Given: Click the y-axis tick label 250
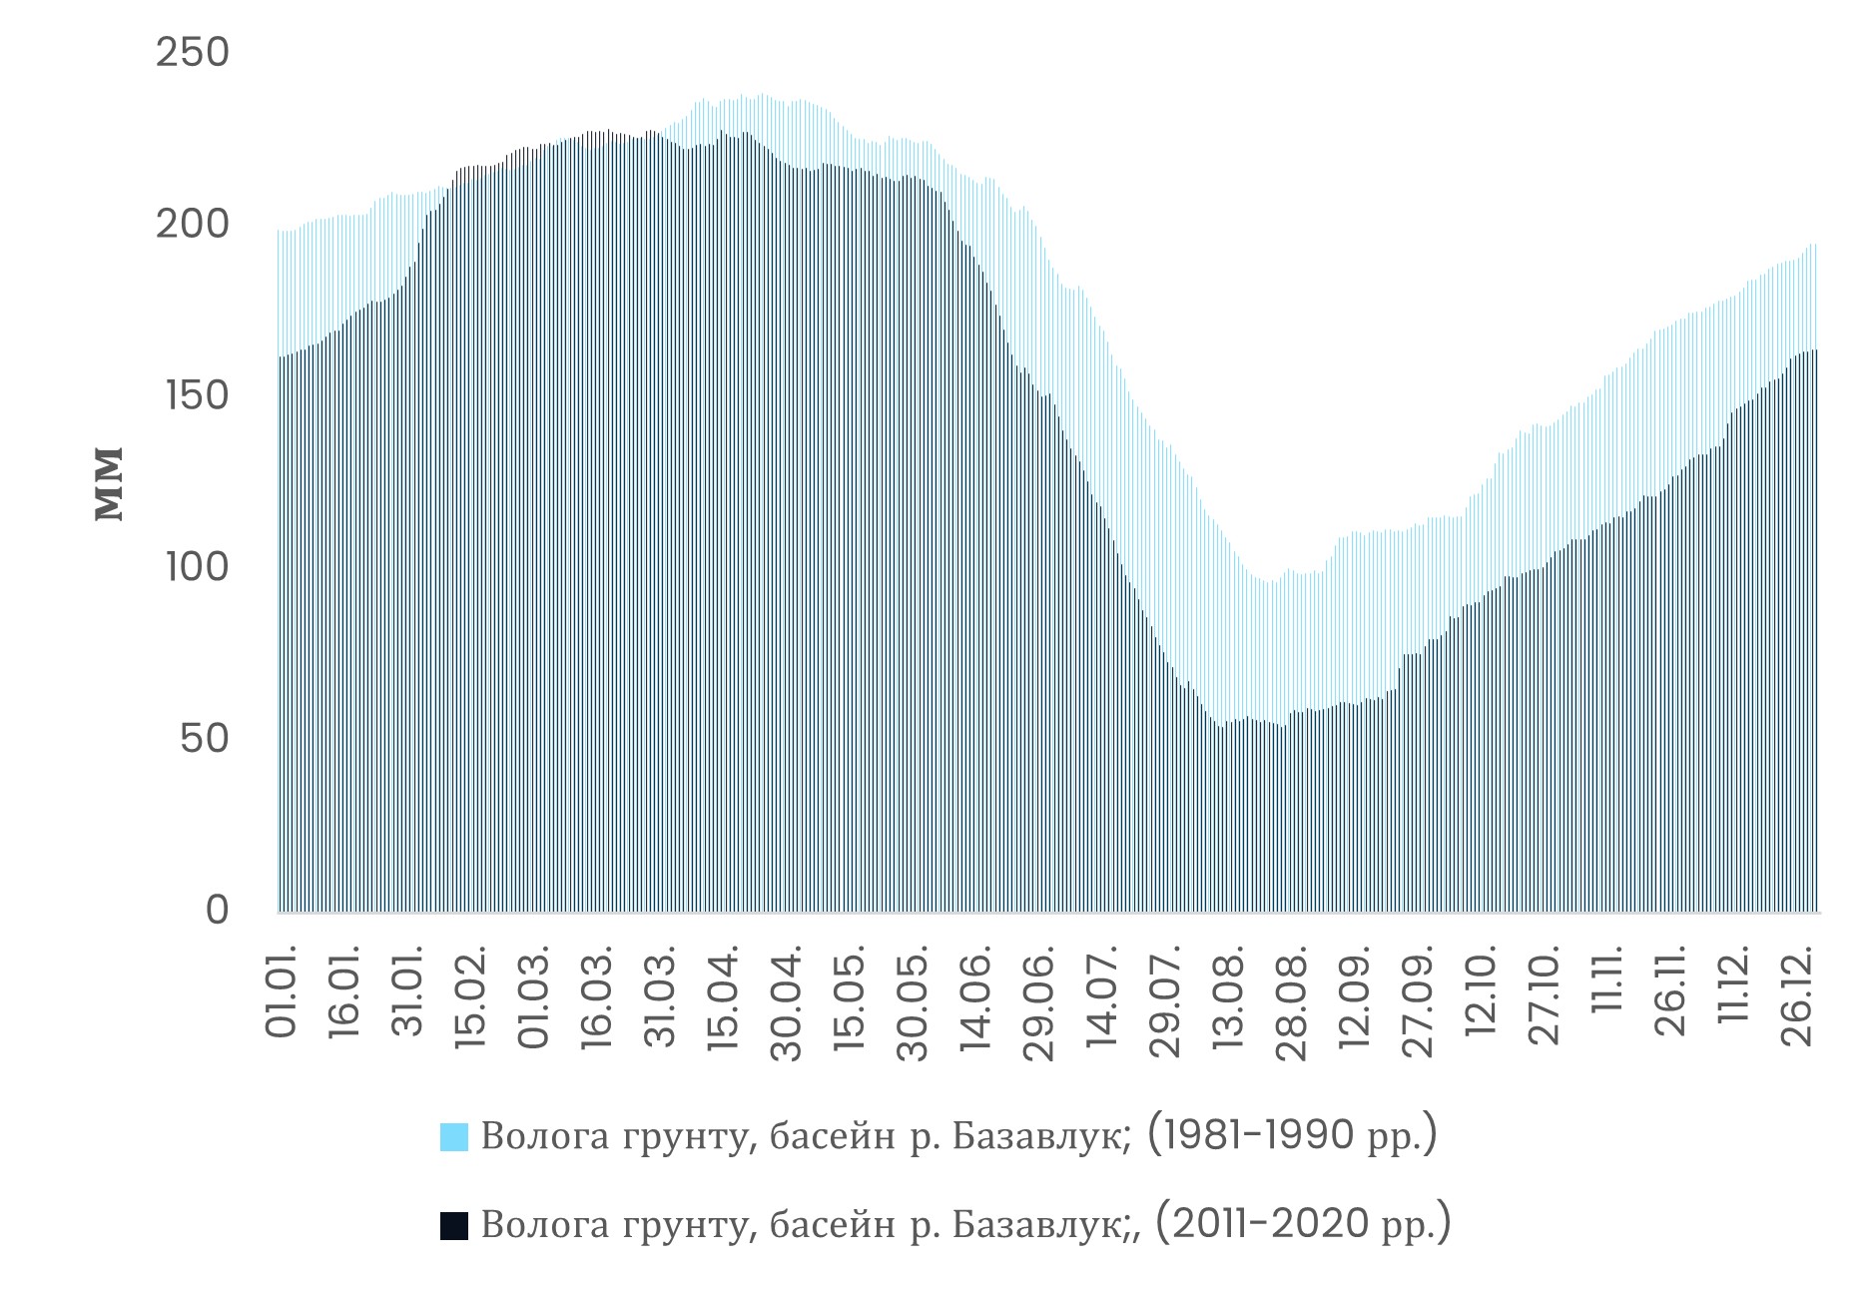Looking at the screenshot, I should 193,53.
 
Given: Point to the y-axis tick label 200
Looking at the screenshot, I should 193,225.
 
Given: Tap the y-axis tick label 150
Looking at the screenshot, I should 193,396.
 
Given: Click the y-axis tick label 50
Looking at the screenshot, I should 205,740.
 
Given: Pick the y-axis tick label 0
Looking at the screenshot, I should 217,911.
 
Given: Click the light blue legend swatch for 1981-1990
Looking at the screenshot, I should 453,1138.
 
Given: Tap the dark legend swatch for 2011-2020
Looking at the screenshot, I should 453,1226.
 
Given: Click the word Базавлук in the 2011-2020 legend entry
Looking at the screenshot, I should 1040,1225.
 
